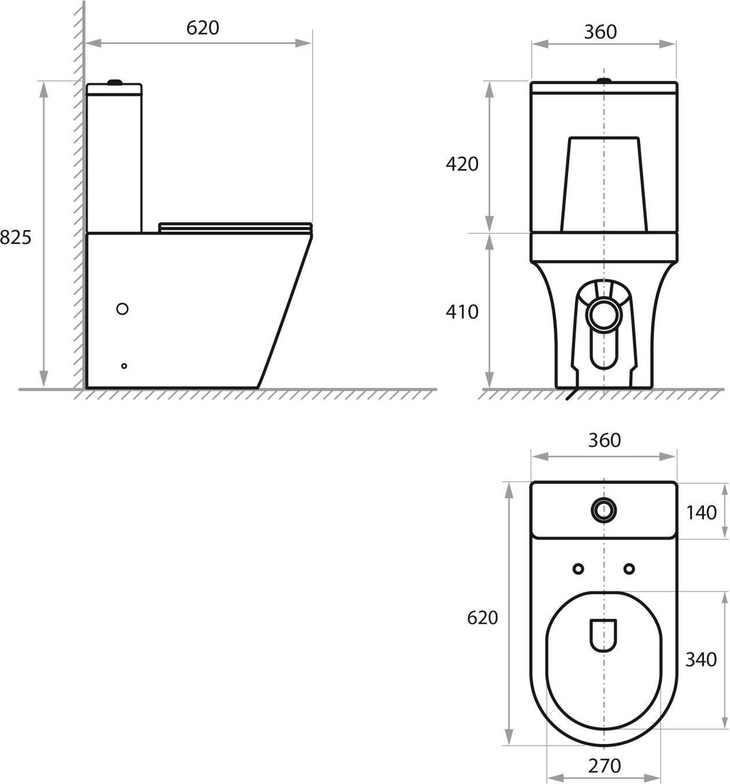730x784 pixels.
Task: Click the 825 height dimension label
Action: pyautogui.click(x=16, y=238)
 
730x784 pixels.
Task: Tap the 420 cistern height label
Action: pyautogui.click(x=462, y=163)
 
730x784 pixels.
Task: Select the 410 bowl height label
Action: pyautogui.click(x=462, y=312)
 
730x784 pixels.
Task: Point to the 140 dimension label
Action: pyautogui.click(x=701, y=513)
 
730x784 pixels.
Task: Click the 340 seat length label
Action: pyautogui.click(x=701, y=660)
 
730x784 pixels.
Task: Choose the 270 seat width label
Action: pyautogui.click(x=604, y=766)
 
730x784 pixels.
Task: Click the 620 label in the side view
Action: pyautogui.click(x=203, y=28)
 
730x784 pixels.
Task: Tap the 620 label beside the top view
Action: pyautogui.click(x=482, y=618)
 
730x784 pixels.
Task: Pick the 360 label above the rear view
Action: pyautogui.click(x=600, y=33)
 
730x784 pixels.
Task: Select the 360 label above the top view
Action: pyautogui.click(x=604, y=440)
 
